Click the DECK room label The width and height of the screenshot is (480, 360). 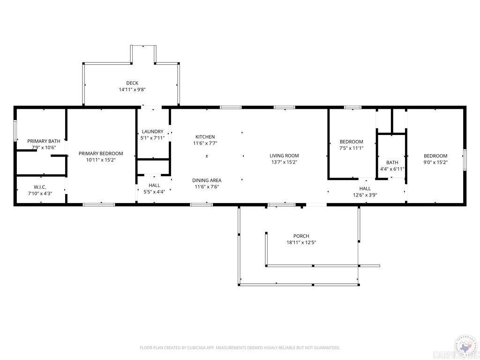tap(132, 83)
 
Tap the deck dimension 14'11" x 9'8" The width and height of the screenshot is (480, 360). tap(132, 90)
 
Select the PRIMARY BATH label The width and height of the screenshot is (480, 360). tap(44, 141)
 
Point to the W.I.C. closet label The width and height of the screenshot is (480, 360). tap(40, 187)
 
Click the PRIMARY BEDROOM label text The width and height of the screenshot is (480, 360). tap(101, 153)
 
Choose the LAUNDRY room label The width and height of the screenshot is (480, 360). tap(153, 131)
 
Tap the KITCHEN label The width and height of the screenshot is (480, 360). tap(205, 136)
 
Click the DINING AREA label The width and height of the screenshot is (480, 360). tap(207, 180)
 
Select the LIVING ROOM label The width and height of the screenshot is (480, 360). tap(284, 156)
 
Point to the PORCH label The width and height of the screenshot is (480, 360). tap(301, 236)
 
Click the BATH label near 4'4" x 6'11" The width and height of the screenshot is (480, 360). tap(392, 162)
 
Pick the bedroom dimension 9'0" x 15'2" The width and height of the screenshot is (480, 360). tap(435, 162)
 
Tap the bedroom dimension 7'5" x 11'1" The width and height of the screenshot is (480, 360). tap(352, 148)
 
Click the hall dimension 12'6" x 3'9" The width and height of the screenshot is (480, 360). tap(365, 195)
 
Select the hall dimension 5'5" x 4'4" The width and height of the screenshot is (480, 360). tap(154, 192)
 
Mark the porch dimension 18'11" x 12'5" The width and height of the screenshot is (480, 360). tap(301, 242)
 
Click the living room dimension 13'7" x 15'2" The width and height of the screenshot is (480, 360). tap(284, 162)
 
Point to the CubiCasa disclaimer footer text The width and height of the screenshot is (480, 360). tap(240, 348)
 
